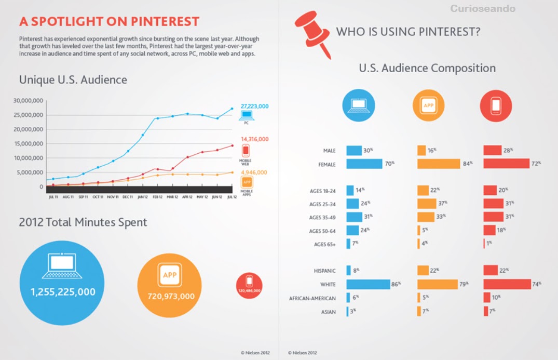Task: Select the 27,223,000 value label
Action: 254,106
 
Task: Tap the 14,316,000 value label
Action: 254,139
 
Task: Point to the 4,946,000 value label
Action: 254,172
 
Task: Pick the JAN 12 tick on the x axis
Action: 142,197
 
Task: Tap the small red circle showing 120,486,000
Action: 249,286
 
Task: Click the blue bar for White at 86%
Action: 368,284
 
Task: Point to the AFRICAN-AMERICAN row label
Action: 312,298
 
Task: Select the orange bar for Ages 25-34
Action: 427,204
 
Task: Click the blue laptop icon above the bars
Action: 358,106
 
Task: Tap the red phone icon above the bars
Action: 496,106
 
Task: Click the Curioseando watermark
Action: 483,9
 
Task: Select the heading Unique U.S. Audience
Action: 73,80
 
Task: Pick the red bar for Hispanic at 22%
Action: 491,271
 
